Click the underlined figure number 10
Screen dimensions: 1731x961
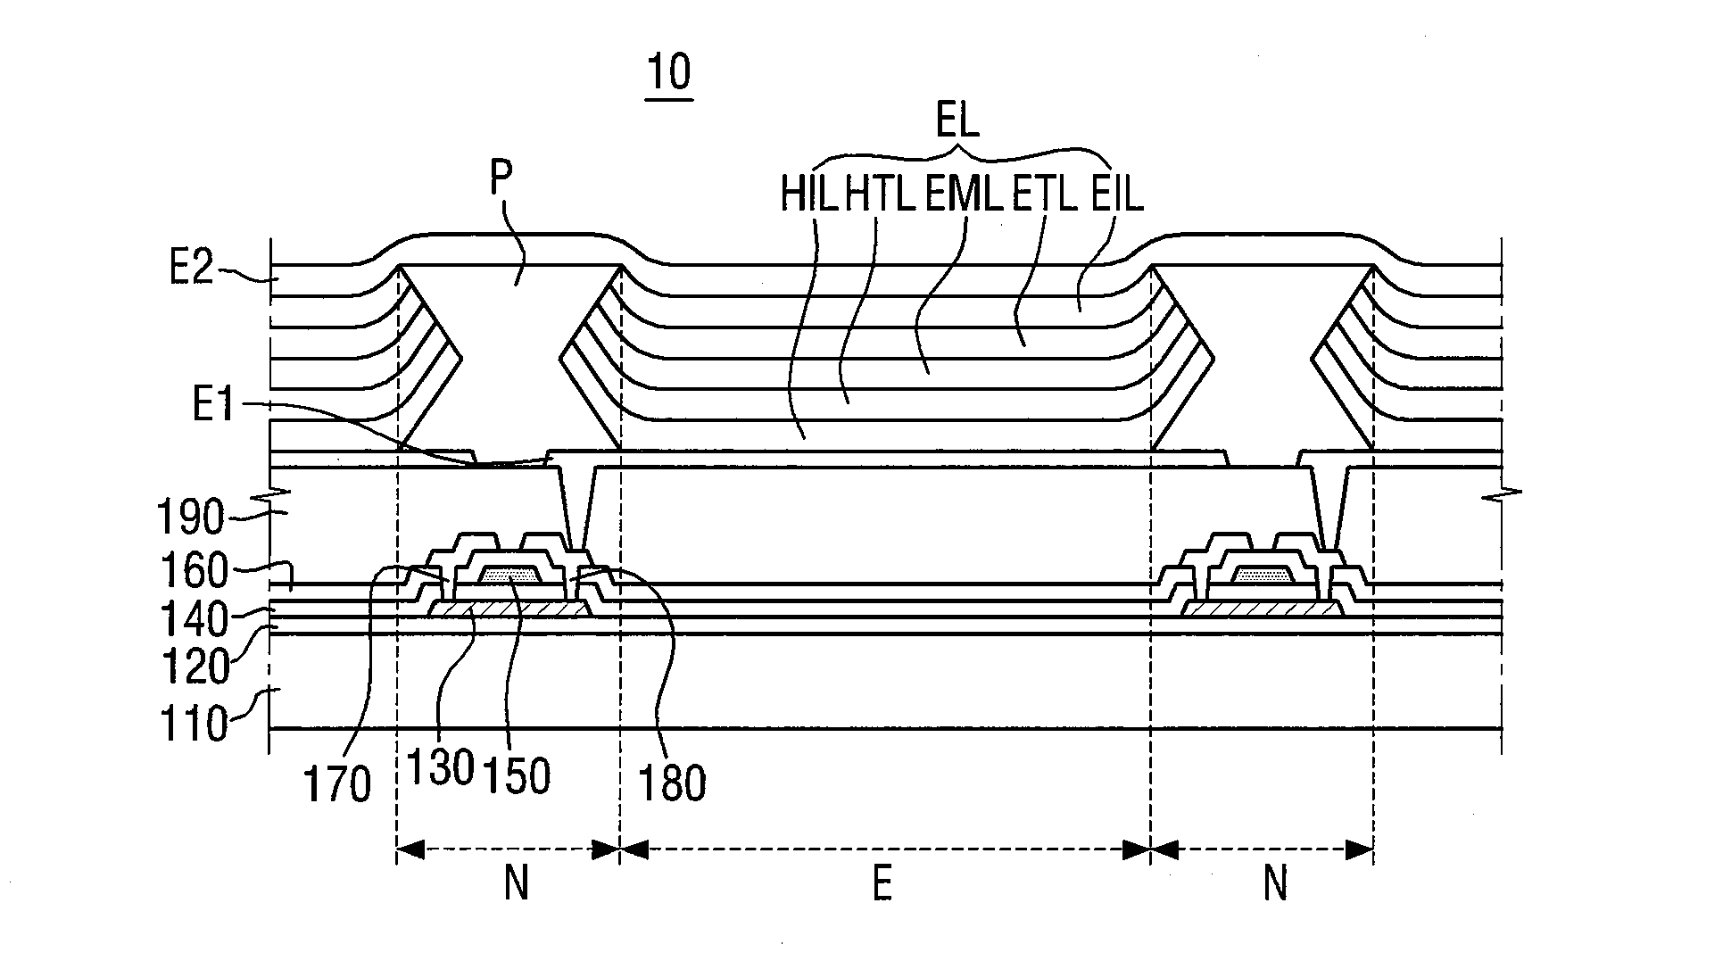[x=669, y=74]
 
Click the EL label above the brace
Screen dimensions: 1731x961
[x=957, y=121]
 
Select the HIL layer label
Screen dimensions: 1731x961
[x=809, y=195]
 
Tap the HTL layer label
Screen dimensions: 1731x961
[x=881, y=195]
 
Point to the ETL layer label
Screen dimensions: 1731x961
[x=1045, y=195]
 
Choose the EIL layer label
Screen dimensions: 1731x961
[x=1117, y=195]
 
